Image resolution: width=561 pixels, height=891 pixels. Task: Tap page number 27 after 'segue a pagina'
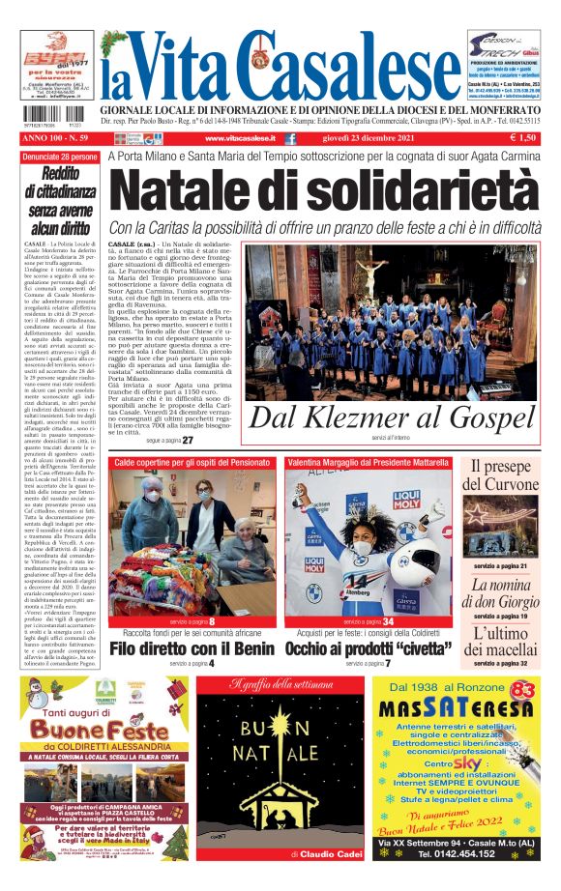(188, 440)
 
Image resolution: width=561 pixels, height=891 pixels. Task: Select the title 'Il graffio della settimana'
(280, 685)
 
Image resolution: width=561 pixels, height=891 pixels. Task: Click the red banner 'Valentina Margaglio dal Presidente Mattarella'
(368, 464)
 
